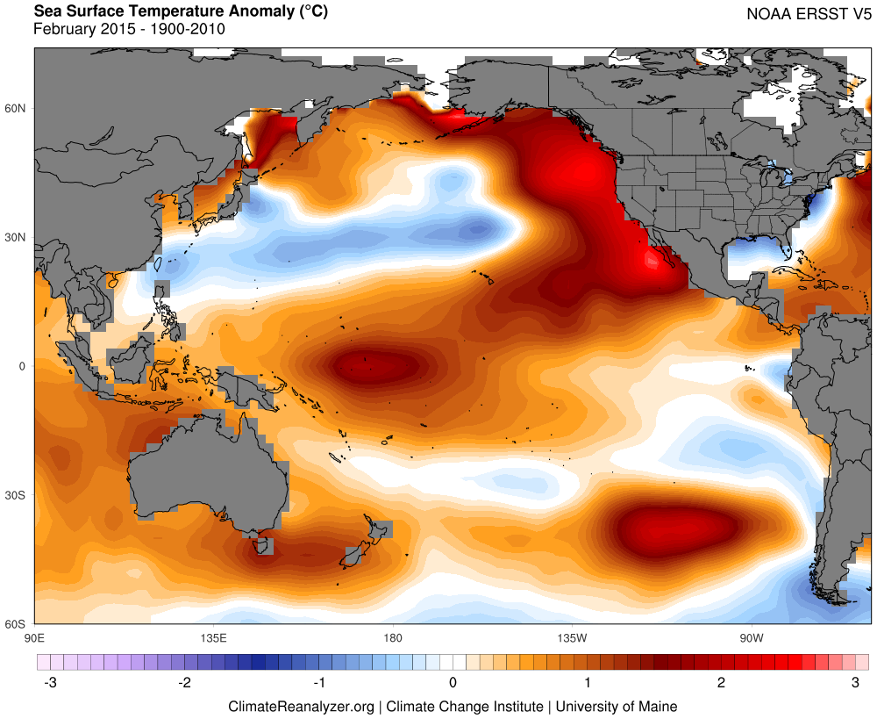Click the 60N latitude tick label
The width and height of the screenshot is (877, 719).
(17, 109)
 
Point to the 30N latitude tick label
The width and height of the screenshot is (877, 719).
(17, 238)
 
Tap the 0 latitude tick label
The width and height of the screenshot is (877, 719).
(23, 367)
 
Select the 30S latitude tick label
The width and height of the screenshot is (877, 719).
(17, 496)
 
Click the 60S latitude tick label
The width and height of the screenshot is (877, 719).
(17, 624)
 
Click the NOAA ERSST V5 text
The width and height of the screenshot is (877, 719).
(807, 14)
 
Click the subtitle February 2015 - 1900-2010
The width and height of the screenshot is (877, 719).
(129, 29)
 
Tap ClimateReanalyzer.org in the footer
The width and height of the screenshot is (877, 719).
(302, 706)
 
